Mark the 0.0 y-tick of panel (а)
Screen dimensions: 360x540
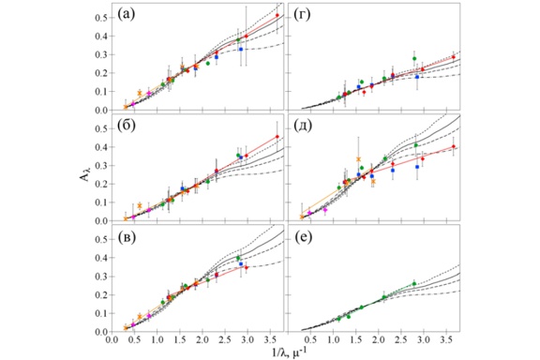click(101, 110)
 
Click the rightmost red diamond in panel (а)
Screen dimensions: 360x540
click(277, 16)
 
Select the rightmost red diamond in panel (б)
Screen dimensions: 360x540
click(277, 137)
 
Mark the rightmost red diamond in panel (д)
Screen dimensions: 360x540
click(454, 146)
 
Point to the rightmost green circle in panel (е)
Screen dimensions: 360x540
click(413, 283)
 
